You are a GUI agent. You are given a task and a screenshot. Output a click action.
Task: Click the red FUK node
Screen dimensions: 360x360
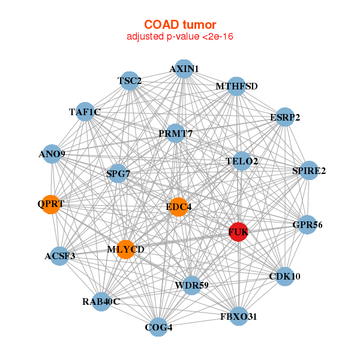pyautogui.click(x=239, y=232)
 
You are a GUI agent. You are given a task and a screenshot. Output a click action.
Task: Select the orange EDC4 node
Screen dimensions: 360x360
pyautogui.click(x=178, y=207)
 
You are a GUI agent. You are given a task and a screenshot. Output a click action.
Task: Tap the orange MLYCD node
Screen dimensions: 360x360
pyautogui.click(x=125, y=250)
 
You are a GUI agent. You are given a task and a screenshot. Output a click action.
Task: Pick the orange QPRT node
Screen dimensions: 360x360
pyautogui.click(x=50, y=205)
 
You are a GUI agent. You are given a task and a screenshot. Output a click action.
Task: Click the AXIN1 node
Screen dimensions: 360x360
pyautogui.click(x=184, y=69)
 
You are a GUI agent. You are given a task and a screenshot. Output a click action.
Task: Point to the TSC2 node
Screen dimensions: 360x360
pyautogui.click(x=130, y=81)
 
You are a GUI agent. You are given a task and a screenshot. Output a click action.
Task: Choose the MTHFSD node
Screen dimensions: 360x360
pyautogui.click(x=236, y=86)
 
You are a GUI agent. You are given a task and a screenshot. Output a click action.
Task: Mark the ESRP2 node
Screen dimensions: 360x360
pyautogui.click(x=285, y=117)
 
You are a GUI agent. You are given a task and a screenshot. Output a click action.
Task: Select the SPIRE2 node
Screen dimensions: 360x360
pyautogui.click(x=309, y=170)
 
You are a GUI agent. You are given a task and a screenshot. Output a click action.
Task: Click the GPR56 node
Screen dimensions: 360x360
pyautogui.click(x=307, y=225)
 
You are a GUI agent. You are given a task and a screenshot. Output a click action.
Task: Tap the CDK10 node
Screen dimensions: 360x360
pyautogui.click(x=284, y=277)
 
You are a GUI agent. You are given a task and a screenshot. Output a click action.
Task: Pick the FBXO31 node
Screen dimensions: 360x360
pyautogui.click(x=239, y=316)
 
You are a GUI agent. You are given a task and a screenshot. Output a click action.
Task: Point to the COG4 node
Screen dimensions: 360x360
pyautogui.click(x=158, y=327)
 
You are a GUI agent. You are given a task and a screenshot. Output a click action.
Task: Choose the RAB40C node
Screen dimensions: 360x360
pyautogui.click(x=101, y=302)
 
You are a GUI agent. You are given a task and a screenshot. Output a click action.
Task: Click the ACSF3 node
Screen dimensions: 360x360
pyautogui.click(x=59, y=256)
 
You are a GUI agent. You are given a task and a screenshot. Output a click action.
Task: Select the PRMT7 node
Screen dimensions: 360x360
pyautogui.click(x=175, y=133)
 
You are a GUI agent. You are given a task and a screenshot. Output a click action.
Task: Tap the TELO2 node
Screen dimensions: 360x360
pyautogui.click(x=242, y=161)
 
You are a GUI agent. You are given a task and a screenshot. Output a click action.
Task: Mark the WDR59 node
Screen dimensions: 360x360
pyautogui.click(x=191, y=286)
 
